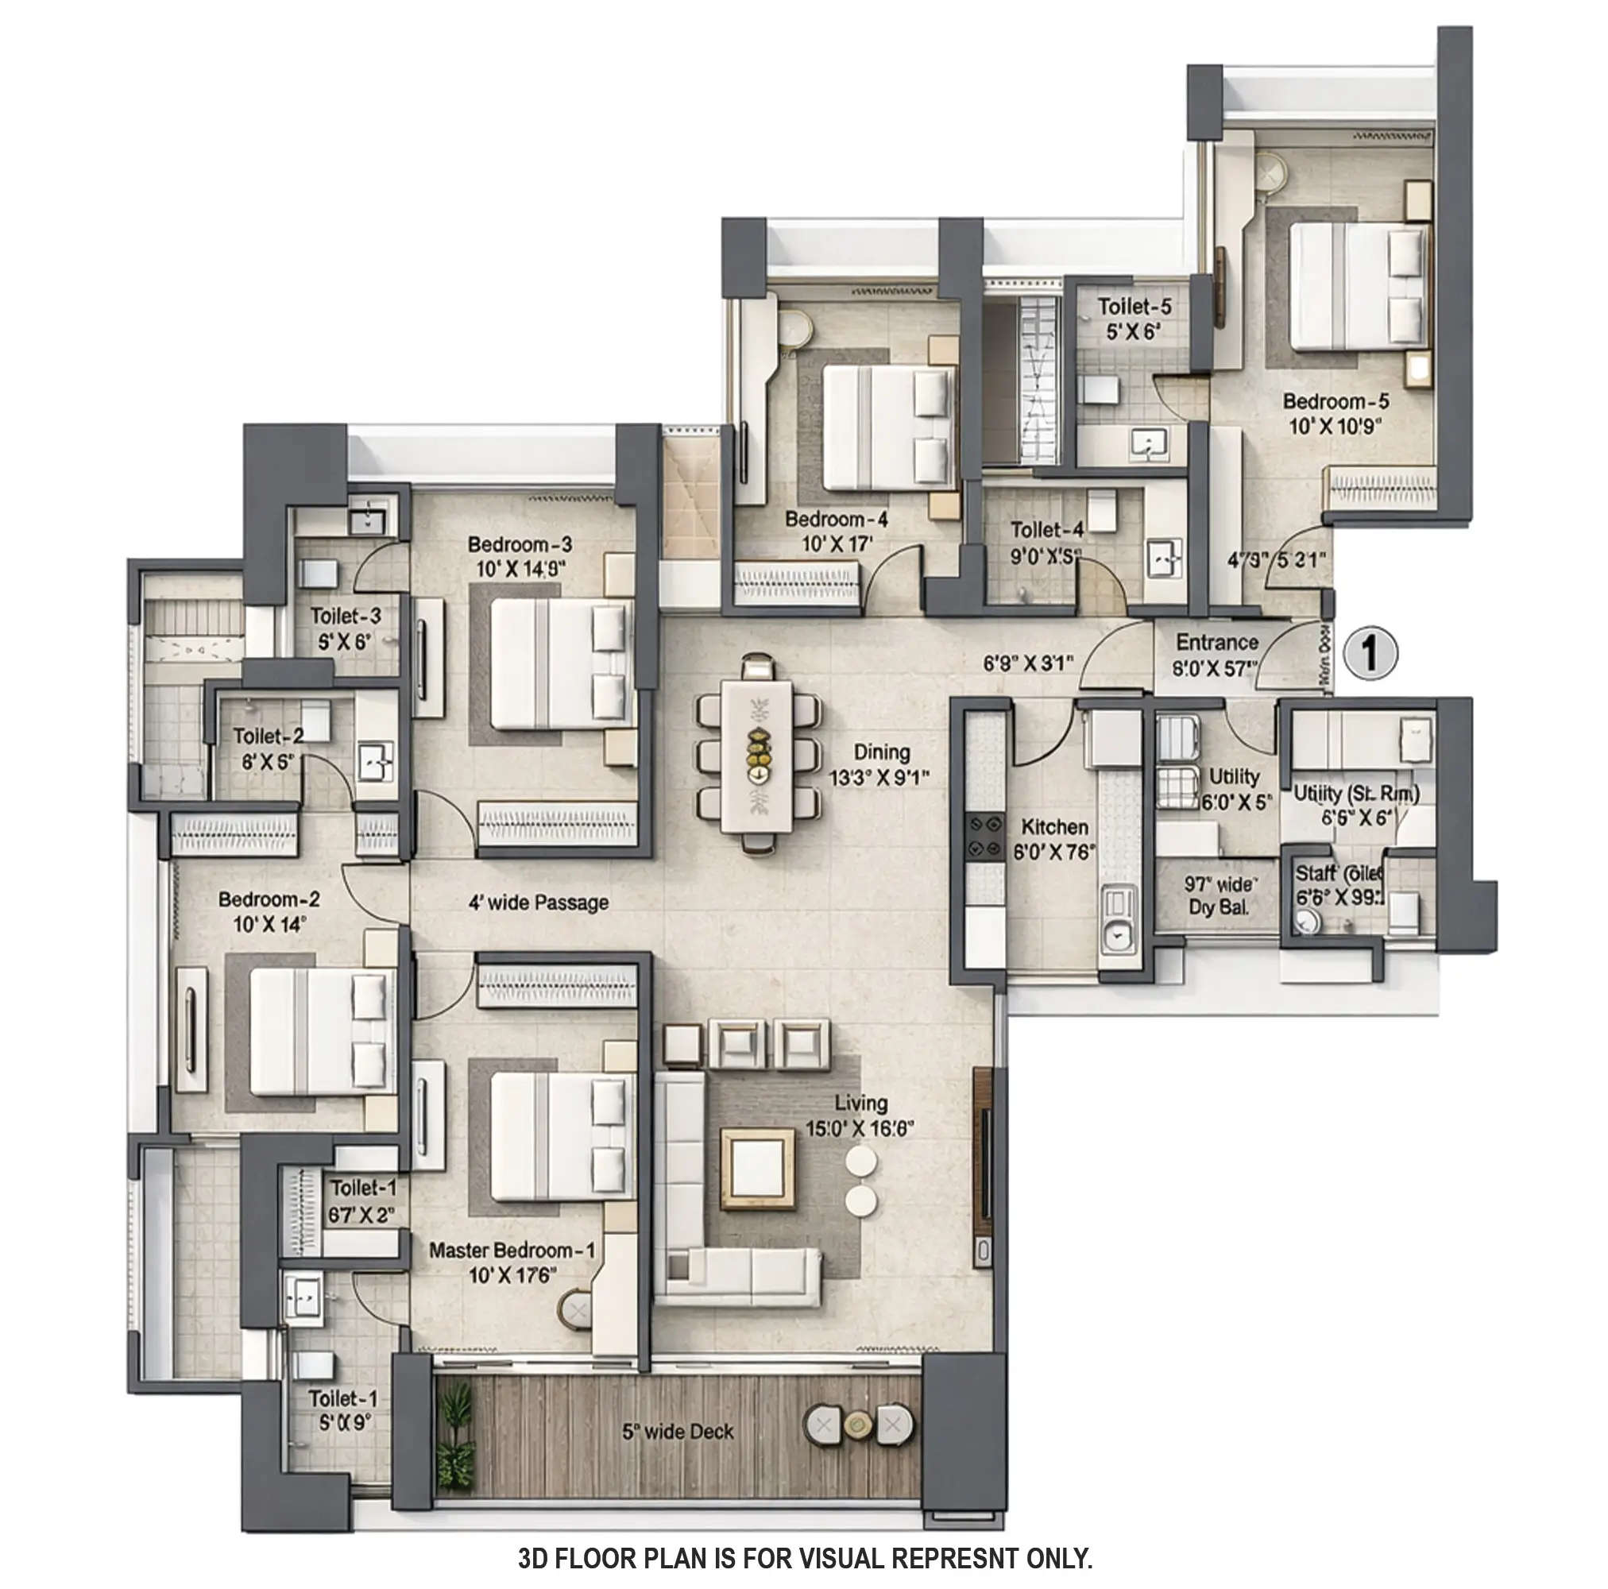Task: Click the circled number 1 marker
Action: tap(1369, 653)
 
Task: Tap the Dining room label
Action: tap(881, 752)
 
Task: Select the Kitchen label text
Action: tap(1053, 827)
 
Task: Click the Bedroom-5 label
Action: tap(1335, 401)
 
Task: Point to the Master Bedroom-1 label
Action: tap(512, 1251)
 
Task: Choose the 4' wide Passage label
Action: tap(538, 903)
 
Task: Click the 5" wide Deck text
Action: tap(678, 1432)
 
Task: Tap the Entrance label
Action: tap(1216, 643)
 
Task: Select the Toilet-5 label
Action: tap(1134, 307)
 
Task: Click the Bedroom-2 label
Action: tap(269, 900)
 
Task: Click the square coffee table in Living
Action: tap(756, 1168)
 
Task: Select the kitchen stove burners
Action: tap(985, 837)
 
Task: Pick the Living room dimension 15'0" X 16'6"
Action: tap(860, 1129)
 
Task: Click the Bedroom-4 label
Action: tap(836, 520)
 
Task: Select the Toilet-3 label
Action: tap(346, 616)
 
